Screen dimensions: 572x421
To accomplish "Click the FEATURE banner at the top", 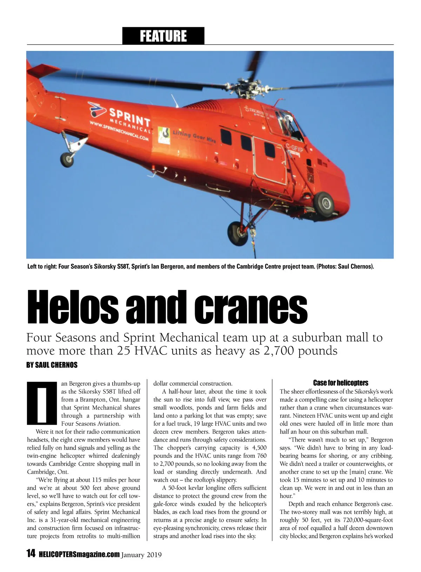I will coord(163,36).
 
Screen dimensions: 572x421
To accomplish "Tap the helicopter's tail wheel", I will coord(67,159).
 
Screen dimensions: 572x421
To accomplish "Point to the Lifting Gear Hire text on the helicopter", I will coord(194,136).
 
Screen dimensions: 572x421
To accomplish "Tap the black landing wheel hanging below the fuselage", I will coord(238,233).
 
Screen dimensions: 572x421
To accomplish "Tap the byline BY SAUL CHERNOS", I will coord(52,365).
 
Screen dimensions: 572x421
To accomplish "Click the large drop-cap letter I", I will coord(42,403).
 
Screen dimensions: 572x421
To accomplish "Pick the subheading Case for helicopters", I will coord(340,383).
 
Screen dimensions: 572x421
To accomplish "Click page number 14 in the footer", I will coord(31,553).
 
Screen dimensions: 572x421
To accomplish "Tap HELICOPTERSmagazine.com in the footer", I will coord(79,554).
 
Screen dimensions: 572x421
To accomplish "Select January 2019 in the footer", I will coord(141,555).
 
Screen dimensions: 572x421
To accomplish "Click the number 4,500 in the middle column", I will coord(259,448).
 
